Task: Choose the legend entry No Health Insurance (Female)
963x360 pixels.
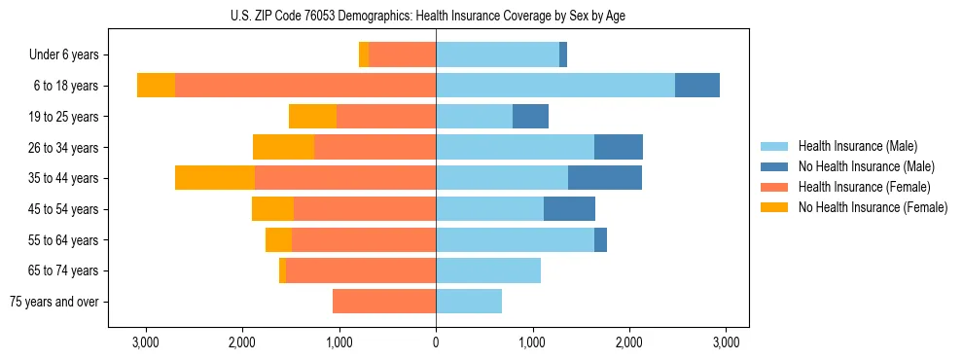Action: coord(872,207)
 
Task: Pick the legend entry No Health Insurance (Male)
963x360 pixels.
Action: coord(866,166)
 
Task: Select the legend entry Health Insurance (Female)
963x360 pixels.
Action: coord(864,187)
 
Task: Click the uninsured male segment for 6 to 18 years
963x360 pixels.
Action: coord(697,86)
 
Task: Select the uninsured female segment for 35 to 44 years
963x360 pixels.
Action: coord(215,178)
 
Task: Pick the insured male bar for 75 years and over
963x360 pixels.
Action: coord(469,302)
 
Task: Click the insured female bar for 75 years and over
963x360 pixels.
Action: coord(384,302)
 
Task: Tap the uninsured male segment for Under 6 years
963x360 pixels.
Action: coord(563,55)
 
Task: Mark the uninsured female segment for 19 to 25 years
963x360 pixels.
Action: coord(312,117)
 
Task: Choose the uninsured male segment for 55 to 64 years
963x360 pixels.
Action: coord(600,239)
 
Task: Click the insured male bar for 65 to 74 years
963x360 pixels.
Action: coord(488,270)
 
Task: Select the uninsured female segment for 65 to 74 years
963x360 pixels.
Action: coord(283,270)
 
